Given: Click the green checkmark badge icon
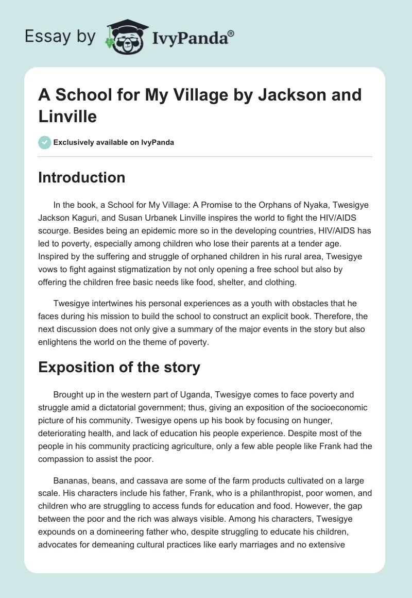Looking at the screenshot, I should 45,142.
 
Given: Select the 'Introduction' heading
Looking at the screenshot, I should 82,177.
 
